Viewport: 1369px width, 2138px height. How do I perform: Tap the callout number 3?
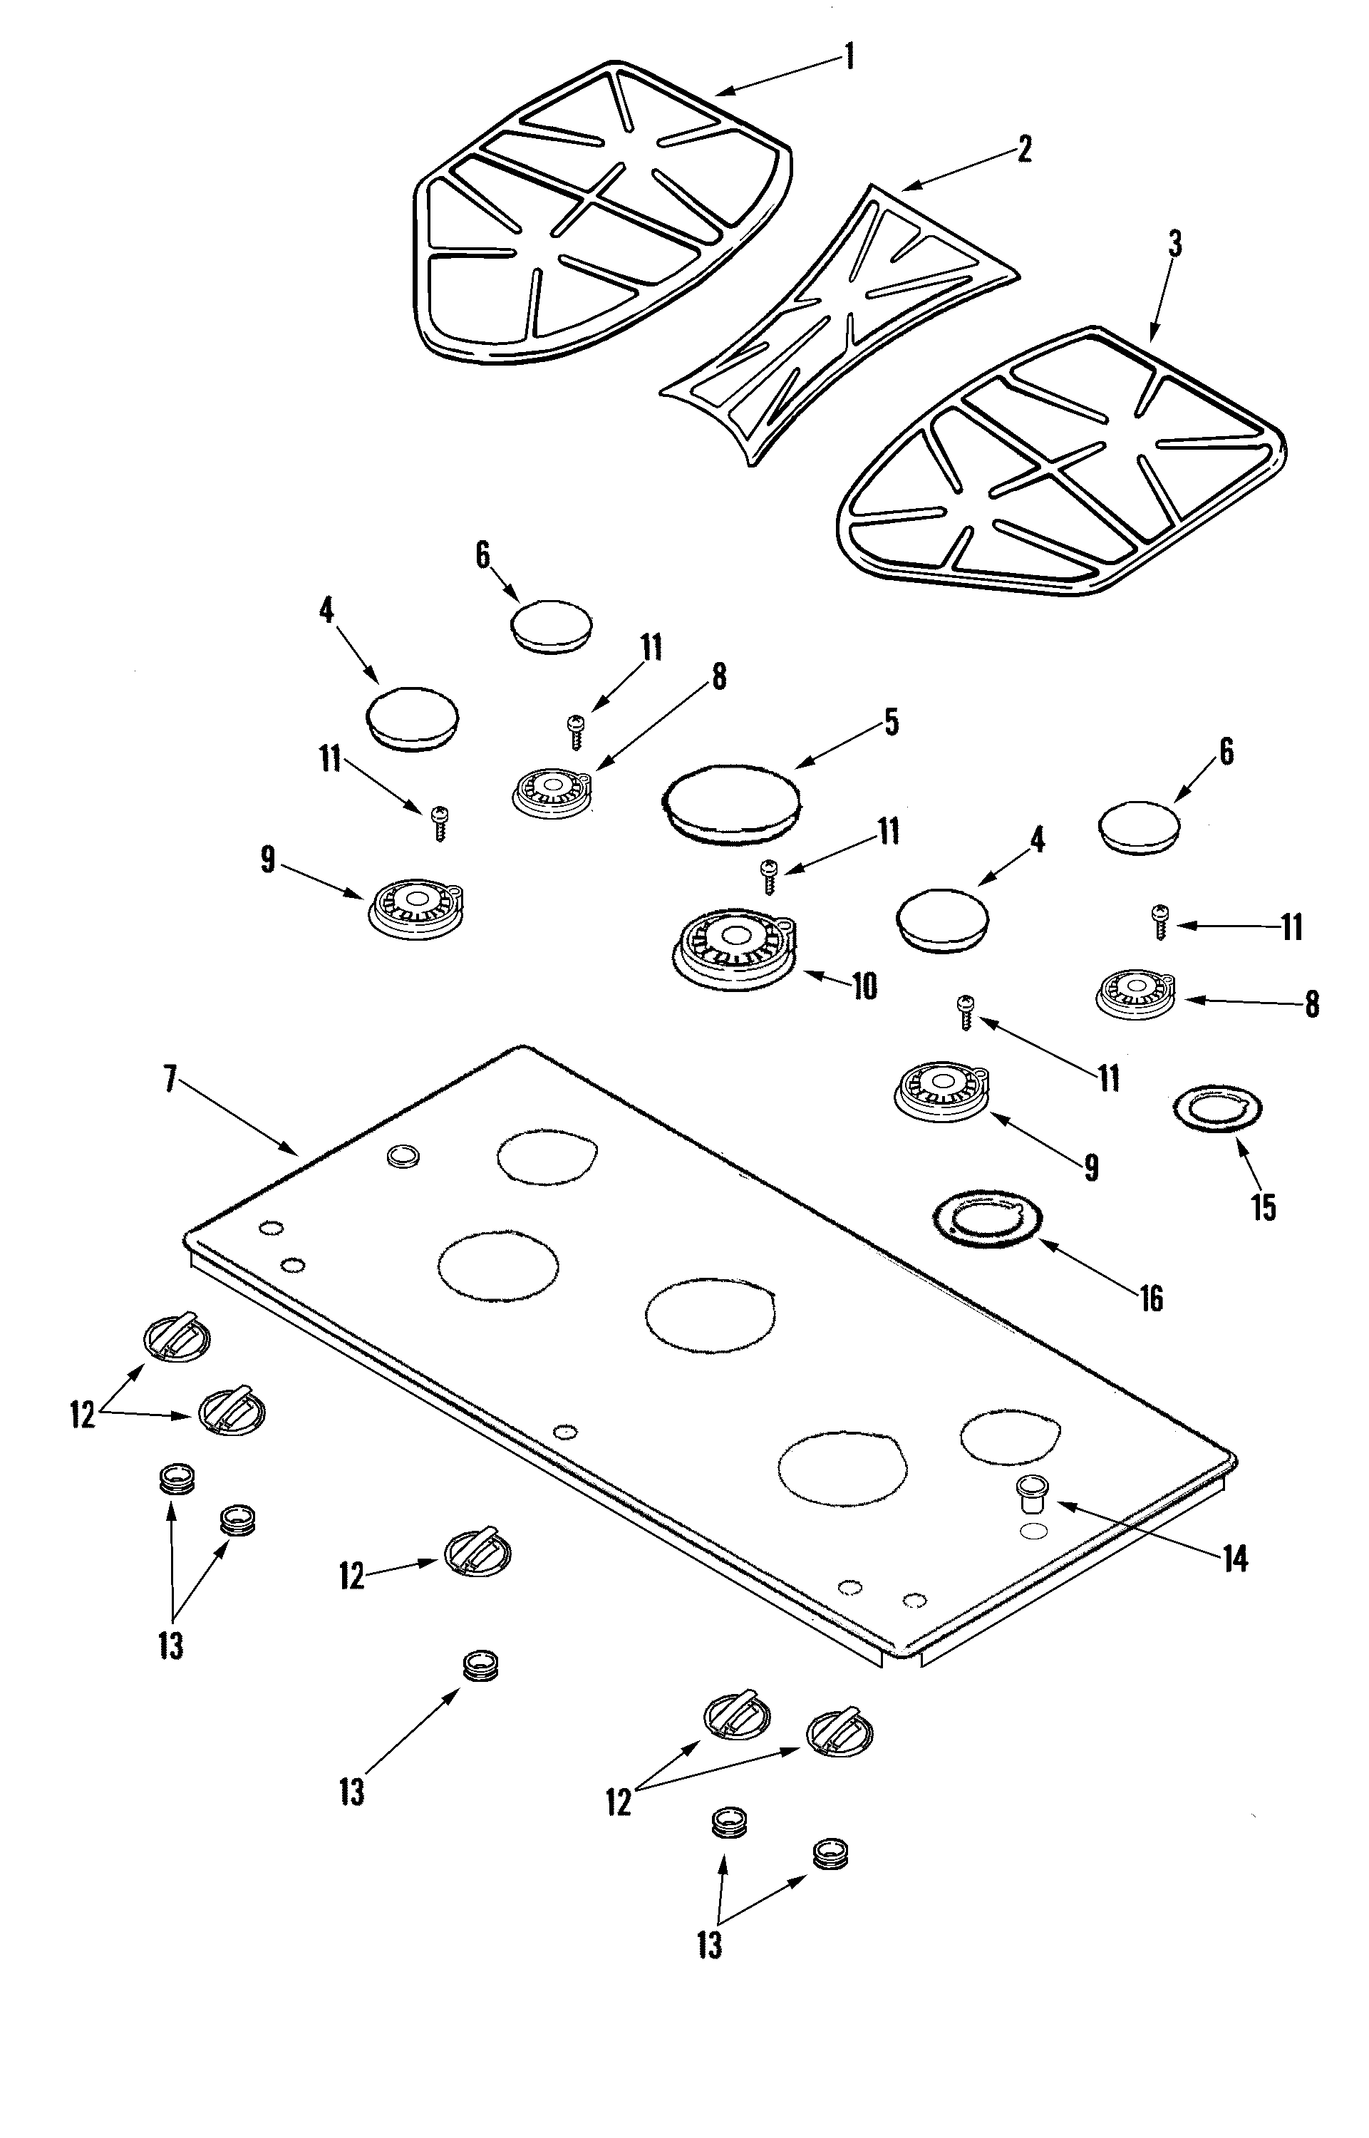click(x=1174, y=243)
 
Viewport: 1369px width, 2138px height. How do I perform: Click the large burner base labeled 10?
click(x=734, y=951)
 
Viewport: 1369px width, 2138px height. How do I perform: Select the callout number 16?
click(x=1151, y=1300)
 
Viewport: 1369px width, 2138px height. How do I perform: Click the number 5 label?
click(x=891, y=722)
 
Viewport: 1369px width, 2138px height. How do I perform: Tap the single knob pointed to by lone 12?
click(x=477, y=1552)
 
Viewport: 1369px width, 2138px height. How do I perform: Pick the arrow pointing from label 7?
click(x=240, y=1118)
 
